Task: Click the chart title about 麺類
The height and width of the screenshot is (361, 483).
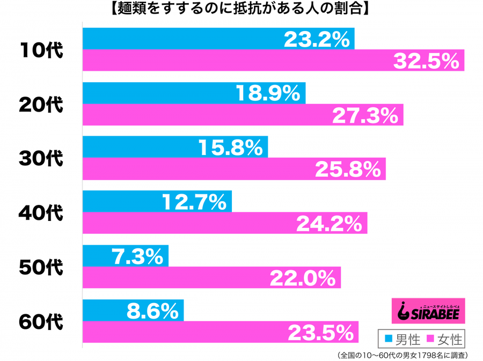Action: (241, 10)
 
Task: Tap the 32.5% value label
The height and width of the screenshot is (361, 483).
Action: (427, 61)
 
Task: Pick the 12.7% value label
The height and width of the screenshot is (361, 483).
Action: (194, 202)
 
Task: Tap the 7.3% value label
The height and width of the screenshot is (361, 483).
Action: (137, 256)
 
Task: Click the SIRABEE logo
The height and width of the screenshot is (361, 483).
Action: (427, 311)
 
